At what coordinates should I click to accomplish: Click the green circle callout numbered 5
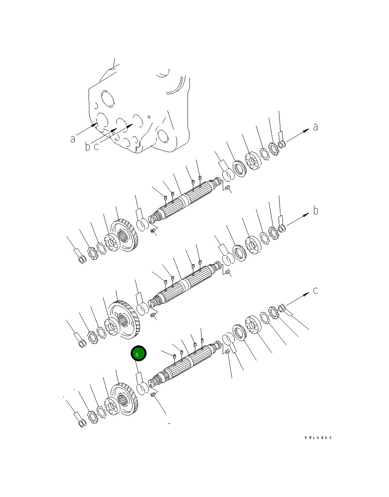(138, 354)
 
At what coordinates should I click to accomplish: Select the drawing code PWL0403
(318, 438)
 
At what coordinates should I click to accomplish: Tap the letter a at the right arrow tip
(316, 127)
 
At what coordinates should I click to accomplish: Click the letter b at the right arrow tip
(316, 211)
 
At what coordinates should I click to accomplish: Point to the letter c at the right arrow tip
(316, 290)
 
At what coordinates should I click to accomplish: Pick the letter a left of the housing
(73, 138)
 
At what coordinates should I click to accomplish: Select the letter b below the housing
(88, 147)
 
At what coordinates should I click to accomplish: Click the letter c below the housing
(96, 147)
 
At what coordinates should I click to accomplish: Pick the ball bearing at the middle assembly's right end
(254, 245)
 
